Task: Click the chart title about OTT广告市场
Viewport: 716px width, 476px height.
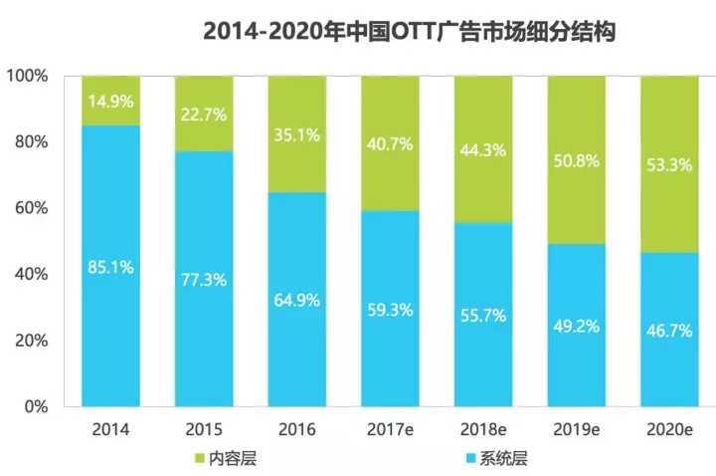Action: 411,32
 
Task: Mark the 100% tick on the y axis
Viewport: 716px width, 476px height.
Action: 29,76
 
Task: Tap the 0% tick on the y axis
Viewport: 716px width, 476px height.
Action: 36,406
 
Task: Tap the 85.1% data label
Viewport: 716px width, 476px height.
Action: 111,266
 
